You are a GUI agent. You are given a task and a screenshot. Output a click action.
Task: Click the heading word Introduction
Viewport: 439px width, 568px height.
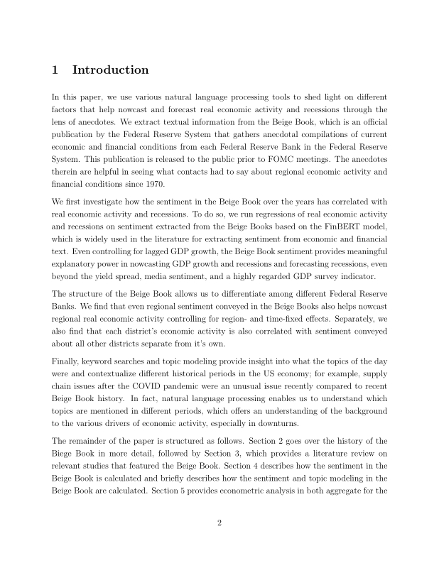[110, 70]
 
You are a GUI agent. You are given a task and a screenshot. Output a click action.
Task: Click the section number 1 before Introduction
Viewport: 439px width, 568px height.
[55, 70]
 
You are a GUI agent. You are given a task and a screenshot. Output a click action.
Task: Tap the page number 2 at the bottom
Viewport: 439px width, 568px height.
[220, 523]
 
